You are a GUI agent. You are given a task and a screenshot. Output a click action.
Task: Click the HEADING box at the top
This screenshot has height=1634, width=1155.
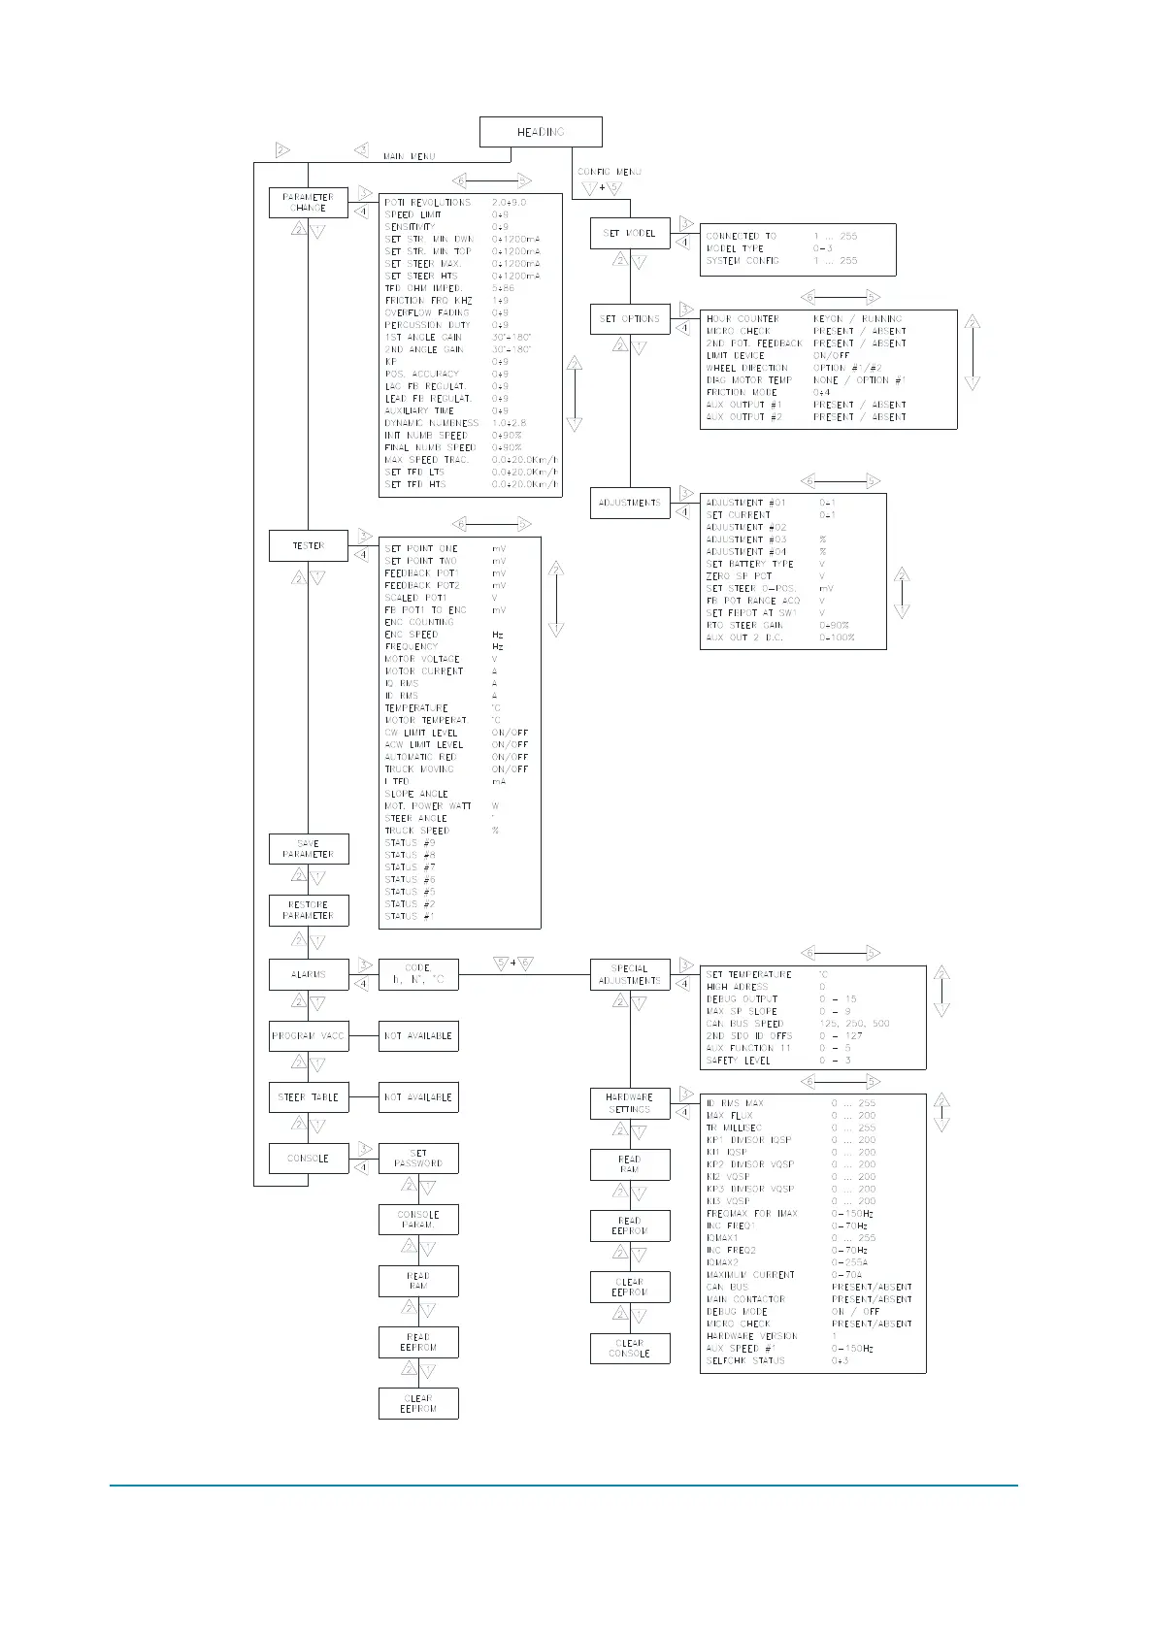(541, 132)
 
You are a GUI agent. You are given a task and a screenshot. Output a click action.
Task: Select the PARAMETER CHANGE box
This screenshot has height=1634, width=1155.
(308, 203)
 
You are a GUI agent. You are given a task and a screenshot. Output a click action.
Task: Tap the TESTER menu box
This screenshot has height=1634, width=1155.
(308, 546)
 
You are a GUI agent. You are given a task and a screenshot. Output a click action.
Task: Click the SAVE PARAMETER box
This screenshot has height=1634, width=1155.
(308, 849)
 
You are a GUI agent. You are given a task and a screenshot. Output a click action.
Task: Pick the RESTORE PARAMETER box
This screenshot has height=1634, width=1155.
(308, 910)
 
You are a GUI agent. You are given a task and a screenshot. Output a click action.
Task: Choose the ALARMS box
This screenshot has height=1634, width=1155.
(308, 974)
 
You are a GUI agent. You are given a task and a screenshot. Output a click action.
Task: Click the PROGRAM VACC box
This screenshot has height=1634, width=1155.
(308, 1036)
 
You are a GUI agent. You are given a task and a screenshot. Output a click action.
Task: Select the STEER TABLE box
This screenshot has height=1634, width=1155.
(308, 1097)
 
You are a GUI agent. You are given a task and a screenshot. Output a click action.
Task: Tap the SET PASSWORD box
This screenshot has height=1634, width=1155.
(418, 1159)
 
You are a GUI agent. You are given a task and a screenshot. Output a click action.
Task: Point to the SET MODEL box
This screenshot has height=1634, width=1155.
(630, 234)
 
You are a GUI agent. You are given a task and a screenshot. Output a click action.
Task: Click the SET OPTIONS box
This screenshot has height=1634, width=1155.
(630, 319)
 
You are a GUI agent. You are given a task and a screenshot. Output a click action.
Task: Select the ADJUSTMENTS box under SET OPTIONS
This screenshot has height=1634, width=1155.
(630, 503)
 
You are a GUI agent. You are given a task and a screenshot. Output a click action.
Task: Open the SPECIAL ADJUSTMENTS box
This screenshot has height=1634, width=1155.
(630, 974)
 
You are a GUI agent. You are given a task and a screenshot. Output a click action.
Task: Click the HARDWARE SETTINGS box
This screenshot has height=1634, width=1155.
(630, 1103)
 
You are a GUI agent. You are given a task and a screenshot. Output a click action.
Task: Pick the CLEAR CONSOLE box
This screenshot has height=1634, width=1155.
(630, 1348)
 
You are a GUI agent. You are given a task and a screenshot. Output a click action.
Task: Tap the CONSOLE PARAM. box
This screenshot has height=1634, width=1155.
(418, 1220)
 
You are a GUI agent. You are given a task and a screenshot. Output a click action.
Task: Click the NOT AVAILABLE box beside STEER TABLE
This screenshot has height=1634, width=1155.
(418, 1097)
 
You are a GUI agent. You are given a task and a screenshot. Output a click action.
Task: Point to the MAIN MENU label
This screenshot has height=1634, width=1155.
(409, 156)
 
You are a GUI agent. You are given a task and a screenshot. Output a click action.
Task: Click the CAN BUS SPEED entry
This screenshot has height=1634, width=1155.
(744, 1024)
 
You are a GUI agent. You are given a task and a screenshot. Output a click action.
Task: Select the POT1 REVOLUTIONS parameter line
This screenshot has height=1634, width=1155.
(428, 203)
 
